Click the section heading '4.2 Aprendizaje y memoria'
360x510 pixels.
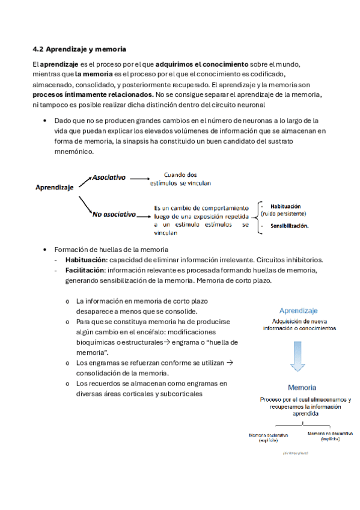pyautogui.click(x=79, y=48)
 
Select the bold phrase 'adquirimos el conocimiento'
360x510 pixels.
pyautogui.click(x=201, y=64)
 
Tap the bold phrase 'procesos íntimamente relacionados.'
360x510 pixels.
pyautogui.click(x=93, y=95)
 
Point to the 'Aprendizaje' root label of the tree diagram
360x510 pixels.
pyautogui.click(x=53, y=187)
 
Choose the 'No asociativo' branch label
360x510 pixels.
pyautogui.click(x=114, y=214)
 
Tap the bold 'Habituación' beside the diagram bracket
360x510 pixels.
pyautogui.click(x=285, y=205)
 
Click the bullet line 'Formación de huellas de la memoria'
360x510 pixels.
pyautogui.click(x=111, y=250)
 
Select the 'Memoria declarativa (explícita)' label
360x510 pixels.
pyautogui.click(x=269, y=437)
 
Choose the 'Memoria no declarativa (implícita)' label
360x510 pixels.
pyautogui.click(x=330, y=436)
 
